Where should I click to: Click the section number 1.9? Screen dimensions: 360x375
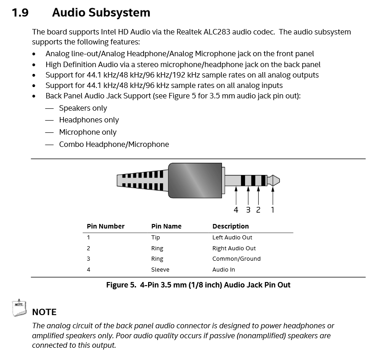(20, 13)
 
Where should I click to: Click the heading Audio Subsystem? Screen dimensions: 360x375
(101, 13)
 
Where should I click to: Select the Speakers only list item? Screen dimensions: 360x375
(83, 108)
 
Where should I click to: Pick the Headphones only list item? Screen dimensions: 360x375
(89, 120)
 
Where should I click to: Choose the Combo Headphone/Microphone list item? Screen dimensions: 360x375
(114, 145)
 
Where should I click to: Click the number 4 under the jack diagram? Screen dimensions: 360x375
(236, 210)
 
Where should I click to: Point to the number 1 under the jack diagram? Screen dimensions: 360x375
(273, 210)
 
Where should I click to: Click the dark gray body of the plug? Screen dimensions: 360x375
(196, 180)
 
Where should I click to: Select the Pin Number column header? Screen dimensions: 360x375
(106, 226)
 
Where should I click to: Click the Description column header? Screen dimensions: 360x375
(231, 226)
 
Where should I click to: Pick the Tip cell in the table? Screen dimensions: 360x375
(155, 238)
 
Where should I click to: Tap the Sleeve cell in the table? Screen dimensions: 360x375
(160, 270)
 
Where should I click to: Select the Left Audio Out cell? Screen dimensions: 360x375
(232, 238)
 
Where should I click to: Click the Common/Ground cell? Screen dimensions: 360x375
(236, 259)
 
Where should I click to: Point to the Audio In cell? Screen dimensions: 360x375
(224, 270)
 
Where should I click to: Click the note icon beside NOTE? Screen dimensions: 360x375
(18, 307)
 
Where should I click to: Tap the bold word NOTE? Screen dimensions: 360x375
(44, 312)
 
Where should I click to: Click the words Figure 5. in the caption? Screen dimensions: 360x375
(121, 285)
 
